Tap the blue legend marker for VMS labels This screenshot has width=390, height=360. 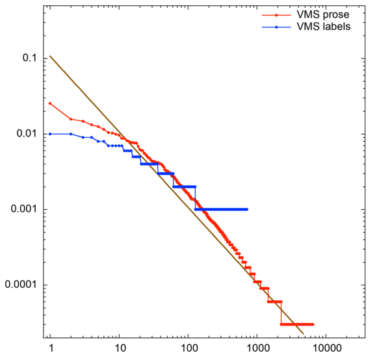point(277,27)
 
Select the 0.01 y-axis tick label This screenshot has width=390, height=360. point(25,134)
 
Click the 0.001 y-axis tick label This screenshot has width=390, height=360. point(23,209)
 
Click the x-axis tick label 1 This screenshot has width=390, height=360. point(50,348)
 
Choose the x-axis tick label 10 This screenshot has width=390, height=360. point(119,348)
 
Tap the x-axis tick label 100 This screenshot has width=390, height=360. point(188,348)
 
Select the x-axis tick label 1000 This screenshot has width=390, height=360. point(257,348)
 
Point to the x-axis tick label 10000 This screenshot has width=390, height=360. point(326,348)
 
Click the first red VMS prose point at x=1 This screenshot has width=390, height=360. point(50,103)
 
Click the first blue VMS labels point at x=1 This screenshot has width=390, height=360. point(50,134)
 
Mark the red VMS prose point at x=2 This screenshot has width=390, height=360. point(71,119)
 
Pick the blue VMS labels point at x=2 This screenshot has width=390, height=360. point(71,134)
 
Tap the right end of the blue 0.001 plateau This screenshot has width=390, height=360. point(248,209)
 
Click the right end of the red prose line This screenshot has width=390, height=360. point(313,324)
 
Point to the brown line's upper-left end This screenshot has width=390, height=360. point(50,56)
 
